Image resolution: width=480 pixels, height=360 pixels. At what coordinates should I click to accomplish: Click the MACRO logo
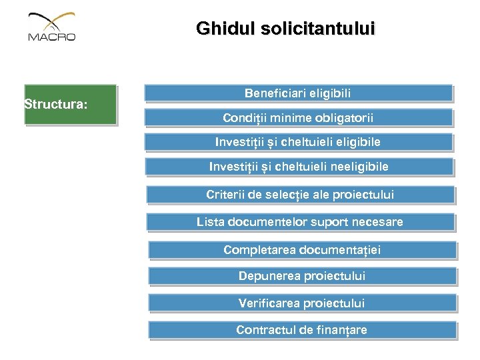pos(52,27)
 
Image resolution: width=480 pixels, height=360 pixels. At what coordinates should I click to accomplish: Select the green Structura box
pos(70,105)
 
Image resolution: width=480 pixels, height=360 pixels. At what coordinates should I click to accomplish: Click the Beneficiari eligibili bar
pos(298,93)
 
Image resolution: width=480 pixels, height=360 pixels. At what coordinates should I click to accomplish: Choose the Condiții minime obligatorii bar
pos(298,118)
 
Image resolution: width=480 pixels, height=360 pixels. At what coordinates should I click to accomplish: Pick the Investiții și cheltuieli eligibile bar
pos(298,142)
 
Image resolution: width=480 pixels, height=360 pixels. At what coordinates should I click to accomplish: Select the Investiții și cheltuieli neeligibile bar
pos(299,167)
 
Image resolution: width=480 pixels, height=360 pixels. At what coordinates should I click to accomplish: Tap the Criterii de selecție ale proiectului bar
pos(300,195)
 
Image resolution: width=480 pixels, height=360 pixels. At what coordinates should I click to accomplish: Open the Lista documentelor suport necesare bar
pos(300,222)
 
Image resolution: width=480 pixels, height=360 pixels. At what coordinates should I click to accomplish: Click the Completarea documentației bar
pos(302,250)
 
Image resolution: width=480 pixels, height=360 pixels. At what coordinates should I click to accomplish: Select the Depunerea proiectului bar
pos(302,276)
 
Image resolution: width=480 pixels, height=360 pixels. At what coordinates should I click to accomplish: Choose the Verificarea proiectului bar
pos(302,303)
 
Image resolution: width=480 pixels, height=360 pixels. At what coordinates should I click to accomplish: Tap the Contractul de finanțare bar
pos(302,330)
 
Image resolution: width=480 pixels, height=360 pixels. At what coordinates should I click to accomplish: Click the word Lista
pos(210,222)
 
